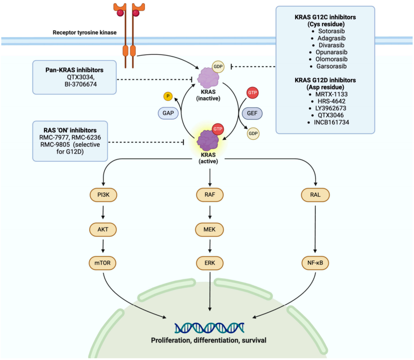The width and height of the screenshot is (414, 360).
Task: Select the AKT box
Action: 103,229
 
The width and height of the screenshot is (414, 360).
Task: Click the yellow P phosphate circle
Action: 168,96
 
